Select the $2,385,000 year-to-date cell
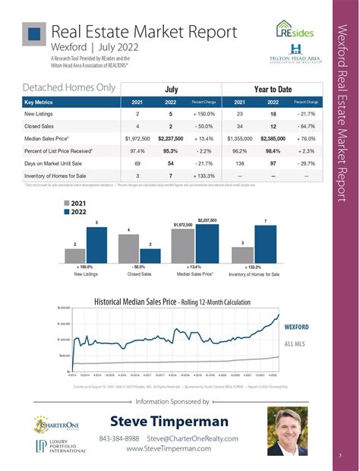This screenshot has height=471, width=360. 275,139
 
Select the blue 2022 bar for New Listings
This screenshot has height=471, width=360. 96,245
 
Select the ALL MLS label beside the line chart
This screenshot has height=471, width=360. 294,344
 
